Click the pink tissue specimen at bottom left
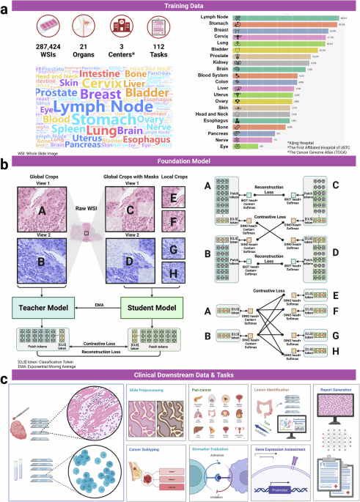[25, 412]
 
